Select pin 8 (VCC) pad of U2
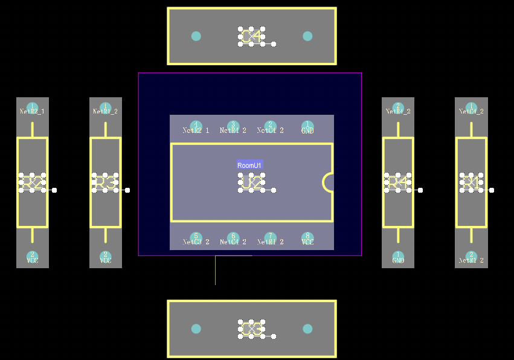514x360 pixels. click(307, 237)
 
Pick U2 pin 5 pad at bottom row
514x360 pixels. click(196, 237)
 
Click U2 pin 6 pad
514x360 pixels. click(233, 237)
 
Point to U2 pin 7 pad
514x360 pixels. click(270, 237)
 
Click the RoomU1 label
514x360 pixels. click(249, 165)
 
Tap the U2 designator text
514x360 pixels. click(251, 182)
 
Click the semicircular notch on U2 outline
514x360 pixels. click(329, 182)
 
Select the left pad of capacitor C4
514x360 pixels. click(196, 36)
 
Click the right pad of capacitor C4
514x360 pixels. click(307, 36)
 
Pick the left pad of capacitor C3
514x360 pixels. click(196, 329)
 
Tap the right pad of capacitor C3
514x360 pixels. click(307, 329)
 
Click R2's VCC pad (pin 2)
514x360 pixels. click(33, 256)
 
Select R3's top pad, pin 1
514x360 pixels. click(106, 108)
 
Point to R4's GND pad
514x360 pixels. click(398, 256)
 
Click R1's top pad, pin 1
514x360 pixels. click(471, 108)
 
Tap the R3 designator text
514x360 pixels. click(105, 182)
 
